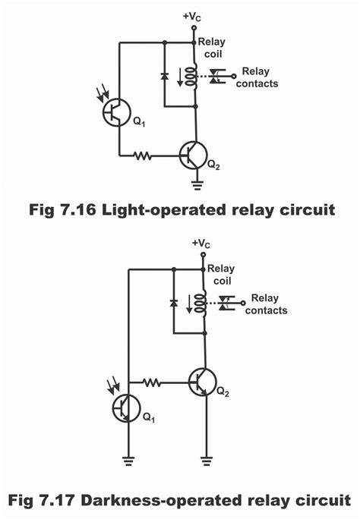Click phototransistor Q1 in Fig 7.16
(x=115, y=112)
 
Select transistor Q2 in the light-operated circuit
(x=194, y=156)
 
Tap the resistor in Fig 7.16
(x=143, y=156)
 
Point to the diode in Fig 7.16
(x=165, y=76)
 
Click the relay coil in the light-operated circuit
(x=191, y=77)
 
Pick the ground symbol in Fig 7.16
(x=197, y=186)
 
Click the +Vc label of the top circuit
(x=192, y=17)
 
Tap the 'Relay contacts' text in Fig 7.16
(x=257, y=77)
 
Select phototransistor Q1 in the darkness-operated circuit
(x=125, y=408)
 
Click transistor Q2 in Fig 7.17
(x=203, y=382)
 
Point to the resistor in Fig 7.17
(x=152, y=382)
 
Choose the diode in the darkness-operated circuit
(x=173, y=303)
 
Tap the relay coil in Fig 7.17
(x=201, y=304)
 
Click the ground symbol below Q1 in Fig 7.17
(x=128, y=461)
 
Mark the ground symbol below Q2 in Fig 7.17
(x=207, y=461)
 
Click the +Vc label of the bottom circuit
(x=201, y=244)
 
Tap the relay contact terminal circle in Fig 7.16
(x=234, y=77)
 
